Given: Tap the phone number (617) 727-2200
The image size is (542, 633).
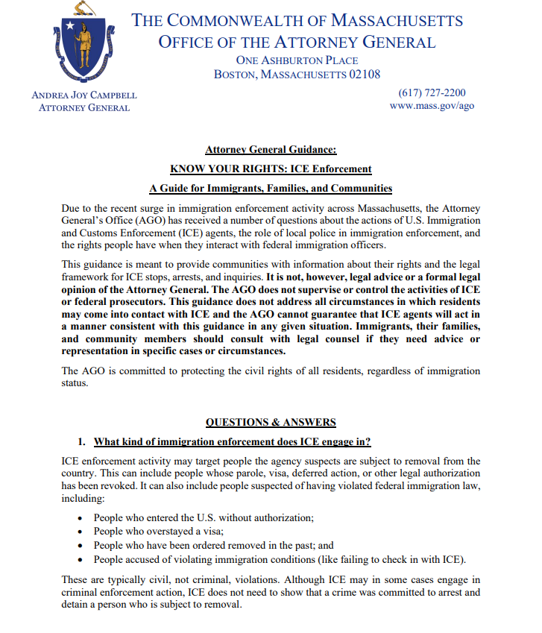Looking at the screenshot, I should click(432, 92).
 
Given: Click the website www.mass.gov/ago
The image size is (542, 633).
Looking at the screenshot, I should click(432, 106).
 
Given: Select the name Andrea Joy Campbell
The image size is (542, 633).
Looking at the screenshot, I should click(84, 95).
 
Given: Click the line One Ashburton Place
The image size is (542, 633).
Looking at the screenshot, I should click(297, 60).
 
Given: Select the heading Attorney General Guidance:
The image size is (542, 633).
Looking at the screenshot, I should click(271, 149).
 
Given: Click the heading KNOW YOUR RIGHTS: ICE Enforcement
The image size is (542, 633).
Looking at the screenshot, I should click(271, 169).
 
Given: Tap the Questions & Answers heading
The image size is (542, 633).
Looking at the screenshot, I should click(271, 422).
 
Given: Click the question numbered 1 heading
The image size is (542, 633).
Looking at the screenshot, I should click(233, 441).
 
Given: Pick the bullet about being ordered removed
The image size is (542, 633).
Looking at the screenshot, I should click(213, 545).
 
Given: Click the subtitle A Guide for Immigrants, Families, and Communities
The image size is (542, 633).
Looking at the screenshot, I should click(271, 188).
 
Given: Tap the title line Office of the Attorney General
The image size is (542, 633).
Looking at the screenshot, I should click(297, 42).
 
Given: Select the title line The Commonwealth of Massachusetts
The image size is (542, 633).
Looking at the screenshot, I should click(297, 20).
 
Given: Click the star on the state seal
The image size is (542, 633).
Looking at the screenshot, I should click(71, 27).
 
